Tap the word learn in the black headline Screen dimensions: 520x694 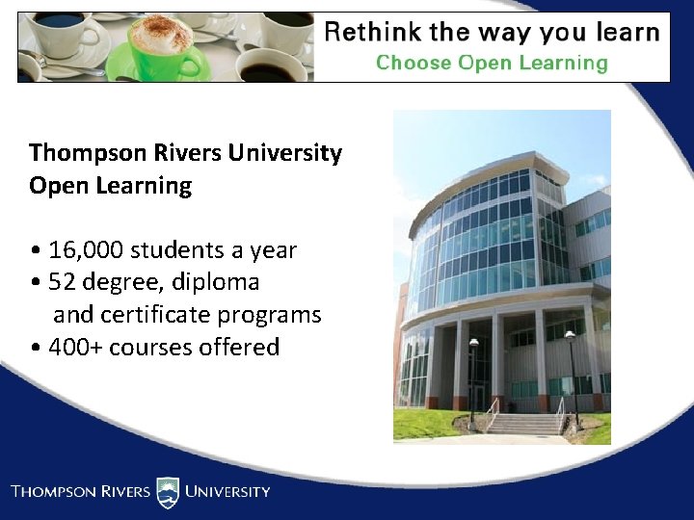click(623, 33)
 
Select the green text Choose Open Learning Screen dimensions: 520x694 click(492, 64)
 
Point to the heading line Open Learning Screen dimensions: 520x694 click(110, 186)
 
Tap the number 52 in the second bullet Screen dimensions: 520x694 click(63, 283)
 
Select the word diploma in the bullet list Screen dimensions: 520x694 click(216, 283)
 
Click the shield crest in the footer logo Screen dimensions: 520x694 click(168, 492)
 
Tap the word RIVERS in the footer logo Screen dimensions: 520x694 click(120, 492)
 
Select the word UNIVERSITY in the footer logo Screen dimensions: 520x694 click(227, 492)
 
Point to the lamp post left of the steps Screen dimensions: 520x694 click(473, 380)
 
